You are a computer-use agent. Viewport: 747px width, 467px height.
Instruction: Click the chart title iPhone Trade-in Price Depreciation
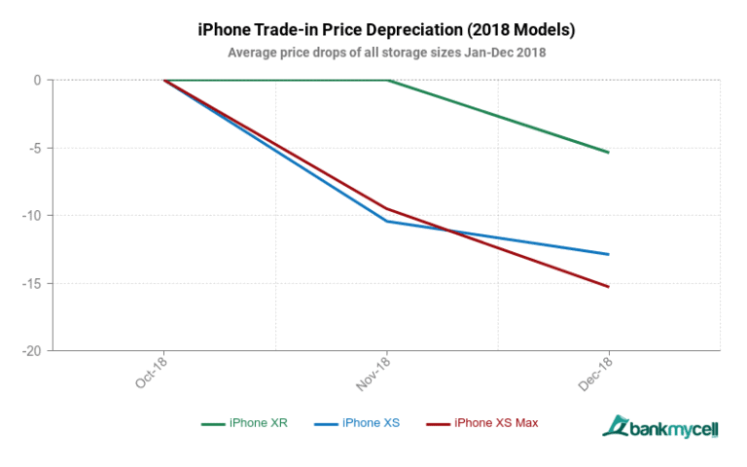point(386,30)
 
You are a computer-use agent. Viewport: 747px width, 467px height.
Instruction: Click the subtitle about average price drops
point(386,53)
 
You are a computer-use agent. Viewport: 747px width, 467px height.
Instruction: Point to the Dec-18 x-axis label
point(595,374)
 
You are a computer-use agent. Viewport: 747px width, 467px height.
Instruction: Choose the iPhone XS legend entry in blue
point(357,423)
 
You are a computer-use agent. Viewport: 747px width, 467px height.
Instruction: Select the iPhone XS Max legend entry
point(483,423)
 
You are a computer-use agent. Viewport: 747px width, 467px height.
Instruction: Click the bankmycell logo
point(659,427)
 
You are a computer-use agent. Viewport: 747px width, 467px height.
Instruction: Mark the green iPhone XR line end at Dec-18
point(609,152)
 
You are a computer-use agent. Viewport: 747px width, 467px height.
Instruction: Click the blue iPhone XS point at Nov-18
point(388,221)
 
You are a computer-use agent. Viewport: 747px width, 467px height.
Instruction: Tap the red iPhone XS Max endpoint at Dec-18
point(609,287)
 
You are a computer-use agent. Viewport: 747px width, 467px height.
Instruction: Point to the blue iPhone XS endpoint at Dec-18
point(609,254)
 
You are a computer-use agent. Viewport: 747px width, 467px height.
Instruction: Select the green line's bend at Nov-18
point(388,80)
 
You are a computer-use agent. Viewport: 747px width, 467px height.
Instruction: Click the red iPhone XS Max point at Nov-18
point(388,208)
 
